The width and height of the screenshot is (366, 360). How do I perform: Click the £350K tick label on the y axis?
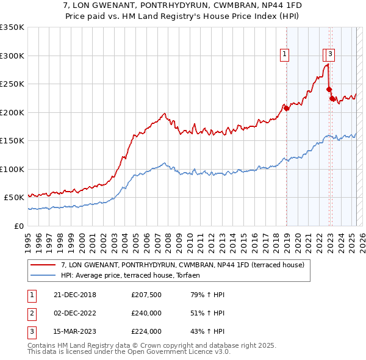[12, 27]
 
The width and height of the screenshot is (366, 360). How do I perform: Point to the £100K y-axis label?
[12, 169]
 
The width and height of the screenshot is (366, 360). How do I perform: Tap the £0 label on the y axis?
[19, 226]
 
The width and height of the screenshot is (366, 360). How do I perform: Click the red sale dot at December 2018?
[286, 108]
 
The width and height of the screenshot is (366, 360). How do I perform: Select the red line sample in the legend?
[43, 265]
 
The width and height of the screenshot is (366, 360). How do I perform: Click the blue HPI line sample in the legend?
[43, 275]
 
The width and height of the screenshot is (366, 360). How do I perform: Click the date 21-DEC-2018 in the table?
[71, 295]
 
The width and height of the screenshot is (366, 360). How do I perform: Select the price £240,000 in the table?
[146, 314]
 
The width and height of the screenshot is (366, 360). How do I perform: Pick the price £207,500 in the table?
[146, 295]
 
